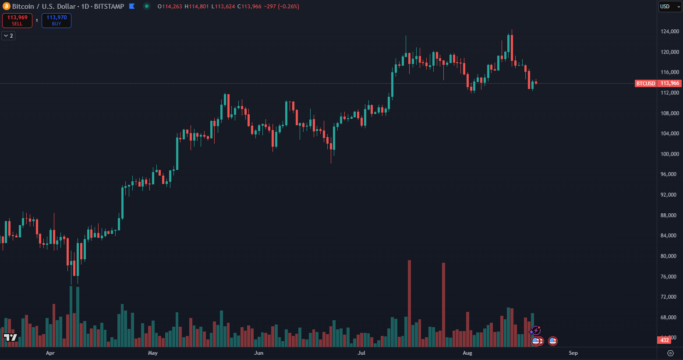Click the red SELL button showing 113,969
pos(17,21)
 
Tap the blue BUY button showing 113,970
pos(57,21)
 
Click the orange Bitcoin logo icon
pos(6,7)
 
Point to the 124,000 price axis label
pos(669,32)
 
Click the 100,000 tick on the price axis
pos(669,154)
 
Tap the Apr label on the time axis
pos(50,353)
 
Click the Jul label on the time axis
pos(361,353)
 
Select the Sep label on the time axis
pos(573,353)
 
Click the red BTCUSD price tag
pos(645,83)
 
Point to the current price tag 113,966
pos(670,83)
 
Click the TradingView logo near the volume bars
pos(11,337)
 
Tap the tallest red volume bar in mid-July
pos(409,302)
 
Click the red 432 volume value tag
pos(665,340)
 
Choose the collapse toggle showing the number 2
pos(8,35)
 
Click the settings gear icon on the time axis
pos(670,353)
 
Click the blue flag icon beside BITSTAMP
pos(132,7)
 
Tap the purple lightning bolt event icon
pos(535,331)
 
